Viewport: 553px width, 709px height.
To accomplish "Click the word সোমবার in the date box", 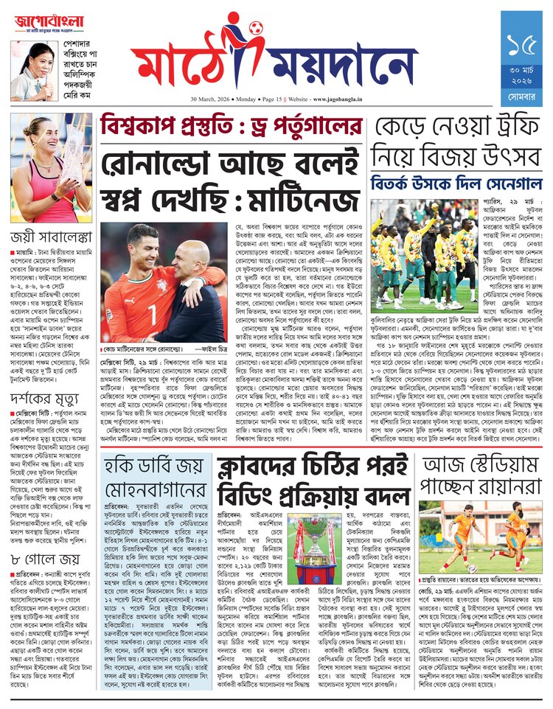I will coord(521,97).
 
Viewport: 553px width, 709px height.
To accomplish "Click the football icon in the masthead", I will coord(256,29).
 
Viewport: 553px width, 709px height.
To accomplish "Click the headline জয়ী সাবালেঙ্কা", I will coord(50,237).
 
